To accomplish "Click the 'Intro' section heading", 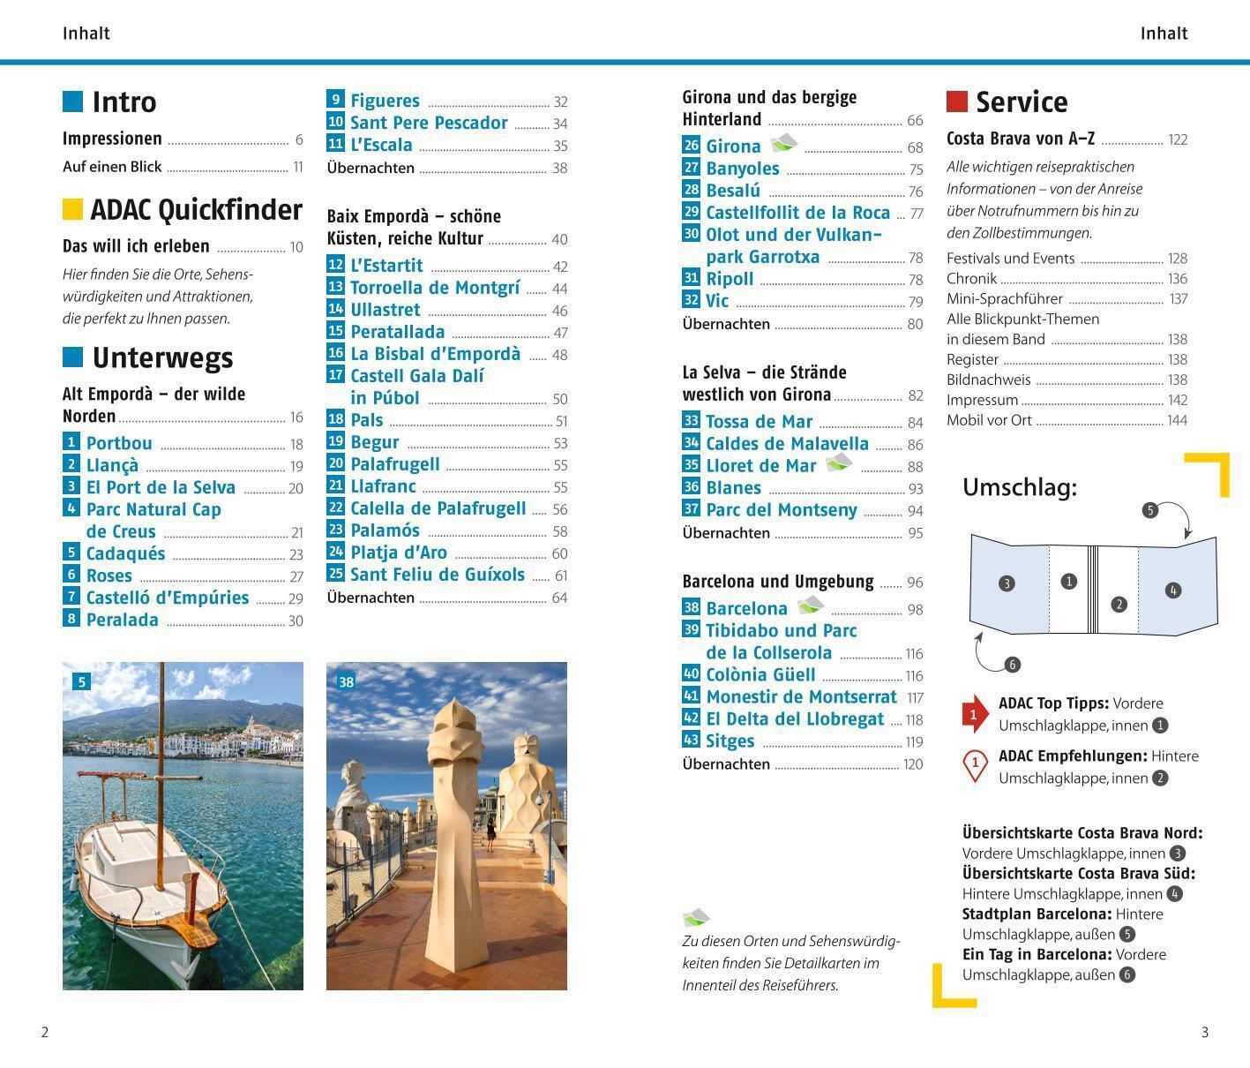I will click(124, 102).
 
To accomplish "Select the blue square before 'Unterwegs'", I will click(72, 357).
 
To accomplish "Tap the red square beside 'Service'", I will click(956, 102).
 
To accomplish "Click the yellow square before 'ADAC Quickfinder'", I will click(72, 209).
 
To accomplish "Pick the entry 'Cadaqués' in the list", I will click(125, 553).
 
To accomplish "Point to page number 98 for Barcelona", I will click(914, 610).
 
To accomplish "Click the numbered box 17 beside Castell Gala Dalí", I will click(335, 375).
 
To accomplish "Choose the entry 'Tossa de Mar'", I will click(759, 422).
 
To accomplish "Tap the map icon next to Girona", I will click(783, 143).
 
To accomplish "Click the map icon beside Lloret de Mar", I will click(838, 463).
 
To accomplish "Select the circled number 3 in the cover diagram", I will click(1007, 583).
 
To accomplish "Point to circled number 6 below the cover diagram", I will click(1012, 665).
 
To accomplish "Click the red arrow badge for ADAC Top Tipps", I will click(974, 714).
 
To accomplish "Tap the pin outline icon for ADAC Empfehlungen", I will click(975, 764).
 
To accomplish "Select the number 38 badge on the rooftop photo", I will click(347, 681).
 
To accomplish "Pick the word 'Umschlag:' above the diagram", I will click(1019, 487).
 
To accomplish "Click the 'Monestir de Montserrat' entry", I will click(801, 696).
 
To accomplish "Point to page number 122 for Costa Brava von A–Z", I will click(1178, 139).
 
